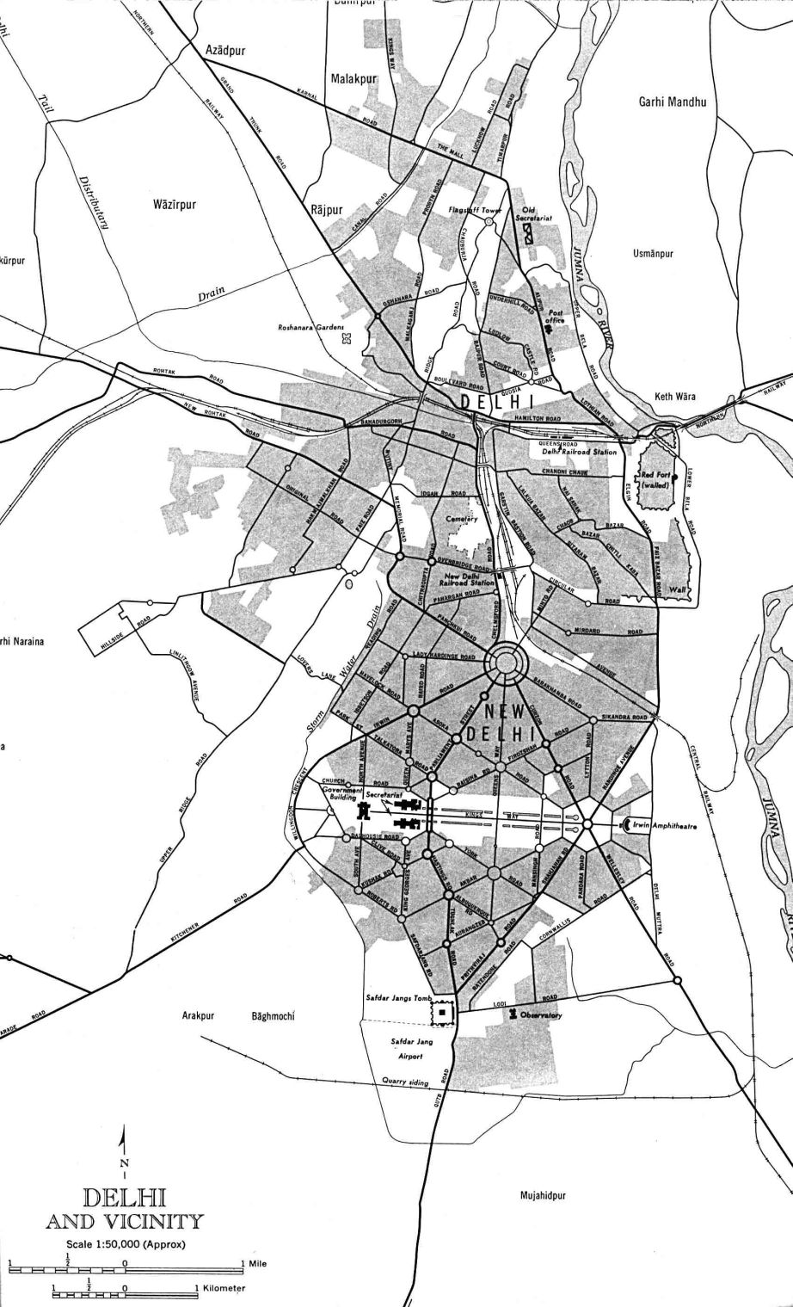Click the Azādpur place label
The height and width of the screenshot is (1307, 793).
(x=225, y=51)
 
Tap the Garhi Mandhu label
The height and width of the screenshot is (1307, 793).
(x=672, y=102)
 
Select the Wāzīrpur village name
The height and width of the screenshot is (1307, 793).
(x=175, y=205)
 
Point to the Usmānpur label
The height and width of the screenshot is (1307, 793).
(x=652, y=255)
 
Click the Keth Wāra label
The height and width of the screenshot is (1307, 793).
(x=674, y=397)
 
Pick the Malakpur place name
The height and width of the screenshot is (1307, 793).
(x=354, y=78)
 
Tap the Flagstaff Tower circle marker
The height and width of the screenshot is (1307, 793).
(x=489, y=221)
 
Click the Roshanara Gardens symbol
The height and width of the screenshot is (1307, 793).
(x=347, y=340)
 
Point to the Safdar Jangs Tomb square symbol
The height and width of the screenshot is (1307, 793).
(x=443, y=1013)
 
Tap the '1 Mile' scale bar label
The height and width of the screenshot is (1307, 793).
(x=256, y=1262)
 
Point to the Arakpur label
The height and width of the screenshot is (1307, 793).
(x=197, y=1016)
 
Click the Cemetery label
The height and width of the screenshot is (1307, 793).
(x=461, y=519)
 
